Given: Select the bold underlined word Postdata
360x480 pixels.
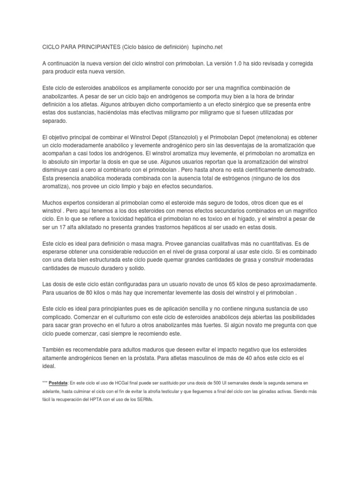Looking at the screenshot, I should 59,383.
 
